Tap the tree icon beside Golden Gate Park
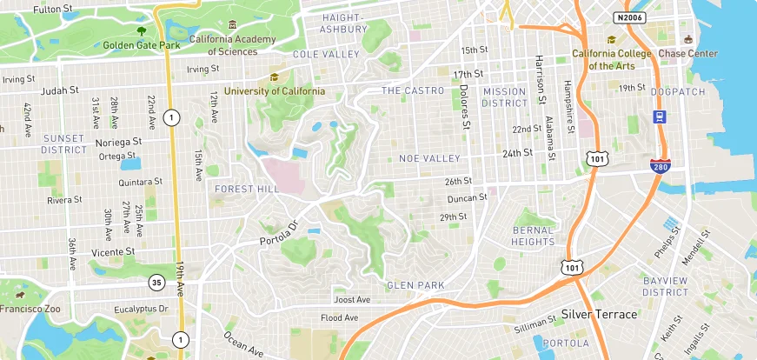[141, 30]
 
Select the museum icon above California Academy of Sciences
[231, 26]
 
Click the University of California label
[275, 90]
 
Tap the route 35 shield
[156, 282]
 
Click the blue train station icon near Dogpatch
[660, 117]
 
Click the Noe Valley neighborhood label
[428, 158]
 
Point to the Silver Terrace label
[599, 314]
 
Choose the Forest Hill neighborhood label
[247, 189]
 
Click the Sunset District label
[64, 143]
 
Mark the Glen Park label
[415, 285]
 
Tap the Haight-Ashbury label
[344, 23]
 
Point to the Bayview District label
[666, 286]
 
